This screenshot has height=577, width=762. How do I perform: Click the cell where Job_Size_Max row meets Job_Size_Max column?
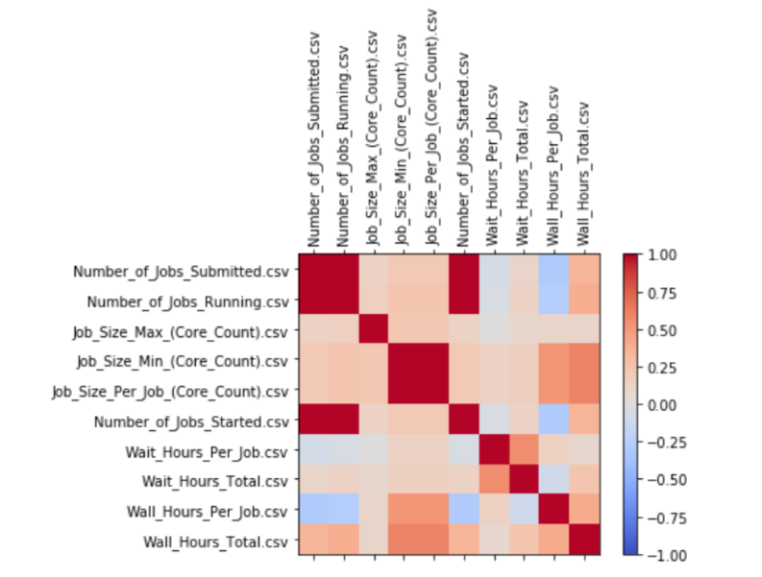point(373,331)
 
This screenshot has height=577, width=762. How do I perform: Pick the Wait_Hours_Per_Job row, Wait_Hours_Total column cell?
point(523,451)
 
